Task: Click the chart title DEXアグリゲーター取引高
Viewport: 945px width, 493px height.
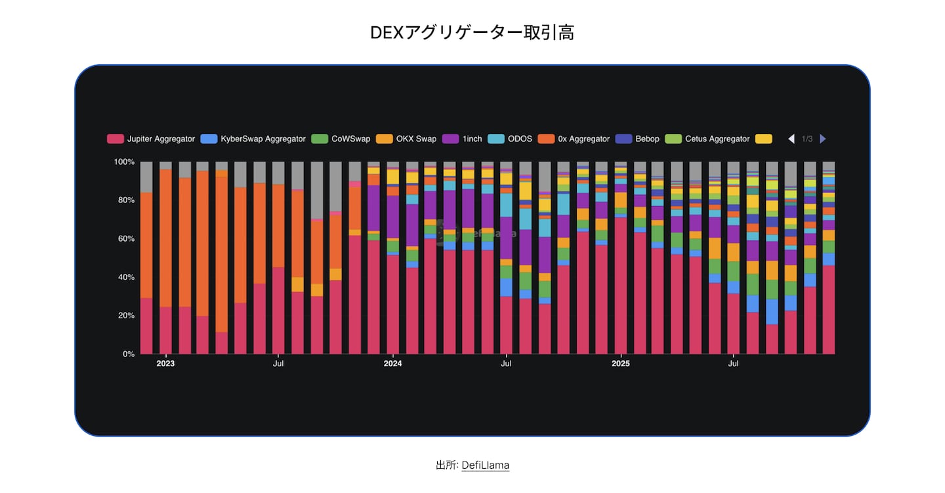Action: (x=472, y=33)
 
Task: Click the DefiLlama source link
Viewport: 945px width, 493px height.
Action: (x=485, y=465)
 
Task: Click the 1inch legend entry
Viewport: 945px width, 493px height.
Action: (x=465, y=139)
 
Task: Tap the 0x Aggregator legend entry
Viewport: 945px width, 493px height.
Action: (x=574, y=139)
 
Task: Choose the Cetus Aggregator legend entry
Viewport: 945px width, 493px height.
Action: (x=708, y=139)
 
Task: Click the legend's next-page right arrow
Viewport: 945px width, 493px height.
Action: (x=823, y=139)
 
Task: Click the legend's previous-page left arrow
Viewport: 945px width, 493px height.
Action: (x=791, y=139)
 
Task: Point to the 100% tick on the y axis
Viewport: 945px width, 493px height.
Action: (x=124, y=161)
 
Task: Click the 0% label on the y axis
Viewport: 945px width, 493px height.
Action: (x=129, y=354)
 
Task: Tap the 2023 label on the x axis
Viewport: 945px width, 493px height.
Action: (x=165, y=363)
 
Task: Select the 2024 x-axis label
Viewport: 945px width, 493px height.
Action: (x=392, y=363)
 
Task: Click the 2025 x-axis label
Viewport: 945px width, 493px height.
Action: (x=620, y=363)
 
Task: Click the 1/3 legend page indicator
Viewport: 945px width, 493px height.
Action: (x=807, y=139)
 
